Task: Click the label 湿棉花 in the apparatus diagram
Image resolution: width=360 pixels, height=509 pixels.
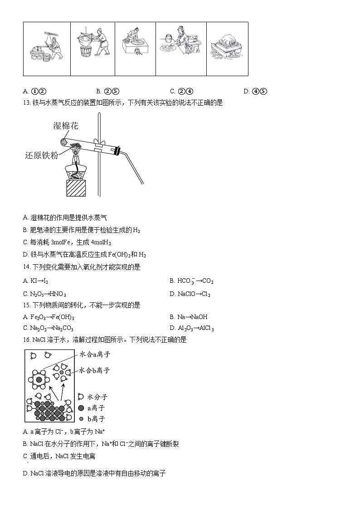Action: pos(66,126)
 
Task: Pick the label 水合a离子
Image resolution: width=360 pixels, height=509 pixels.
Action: pos(95,354)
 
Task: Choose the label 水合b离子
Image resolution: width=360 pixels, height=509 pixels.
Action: pos(94,370)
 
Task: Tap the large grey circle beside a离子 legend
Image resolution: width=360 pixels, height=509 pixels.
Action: pos(81,408)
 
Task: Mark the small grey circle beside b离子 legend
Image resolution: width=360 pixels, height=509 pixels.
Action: pos(81,419)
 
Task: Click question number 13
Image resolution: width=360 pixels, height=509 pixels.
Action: pos(26,103)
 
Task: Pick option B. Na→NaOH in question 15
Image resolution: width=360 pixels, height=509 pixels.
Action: pos(188,317)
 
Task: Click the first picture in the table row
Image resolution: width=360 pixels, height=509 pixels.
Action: pos(47,48)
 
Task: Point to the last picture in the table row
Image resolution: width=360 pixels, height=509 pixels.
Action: pos(227,48)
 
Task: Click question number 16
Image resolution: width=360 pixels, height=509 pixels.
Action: pos(26,339)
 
